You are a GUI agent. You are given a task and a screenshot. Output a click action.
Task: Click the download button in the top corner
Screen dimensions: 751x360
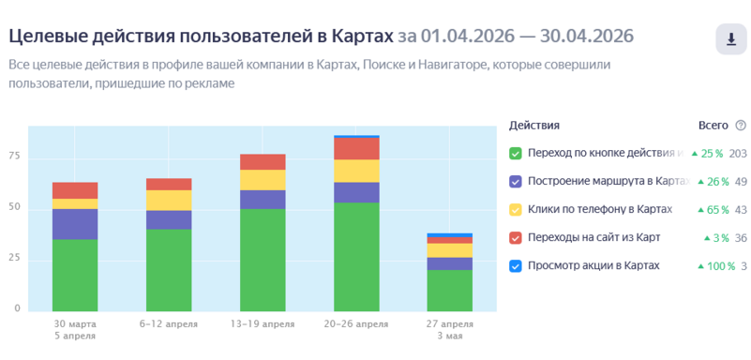coord(731,38)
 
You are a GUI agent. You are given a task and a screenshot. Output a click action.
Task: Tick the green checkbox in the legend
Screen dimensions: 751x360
coord(516,154)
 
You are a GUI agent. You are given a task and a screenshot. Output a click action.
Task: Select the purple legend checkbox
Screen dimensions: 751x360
coord(516,182)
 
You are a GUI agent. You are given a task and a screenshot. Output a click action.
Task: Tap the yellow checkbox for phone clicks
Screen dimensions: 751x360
coord(516,210)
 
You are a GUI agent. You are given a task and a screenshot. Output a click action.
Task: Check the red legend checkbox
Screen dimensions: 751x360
coord(516,238)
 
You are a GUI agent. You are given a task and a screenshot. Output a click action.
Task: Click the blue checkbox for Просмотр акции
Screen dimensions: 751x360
coord(516,266)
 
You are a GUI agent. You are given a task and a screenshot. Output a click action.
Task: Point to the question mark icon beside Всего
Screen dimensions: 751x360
coord(741,126)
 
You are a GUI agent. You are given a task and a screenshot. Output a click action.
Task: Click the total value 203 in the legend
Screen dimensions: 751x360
coord(738,154)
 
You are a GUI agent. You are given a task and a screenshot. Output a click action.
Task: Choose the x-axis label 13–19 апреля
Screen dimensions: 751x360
coord(263,324)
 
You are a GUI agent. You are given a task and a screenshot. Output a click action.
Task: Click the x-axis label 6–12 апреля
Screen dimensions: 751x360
coord(169,324)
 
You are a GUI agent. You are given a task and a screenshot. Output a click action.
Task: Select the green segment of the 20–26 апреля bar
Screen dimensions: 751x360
coord(357,257)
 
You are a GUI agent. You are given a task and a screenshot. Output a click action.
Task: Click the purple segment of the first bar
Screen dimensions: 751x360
coord(75,224)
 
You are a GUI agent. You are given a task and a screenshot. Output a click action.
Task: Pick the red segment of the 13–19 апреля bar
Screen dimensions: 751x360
coord(263,162)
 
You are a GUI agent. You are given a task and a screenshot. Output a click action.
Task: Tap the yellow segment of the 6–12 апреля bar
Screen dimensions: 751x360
coord(169,200)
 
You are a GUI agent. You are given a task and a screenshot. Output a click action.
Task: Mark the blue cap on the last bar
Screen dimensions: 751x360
coord(450,235)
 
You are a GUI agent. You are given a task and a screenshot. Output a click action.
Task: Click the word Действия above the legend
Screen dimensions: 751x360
coord(534,126)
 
